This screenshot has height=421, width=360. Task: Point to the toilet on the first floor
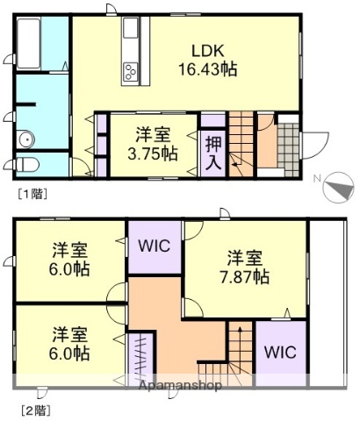point(28,165)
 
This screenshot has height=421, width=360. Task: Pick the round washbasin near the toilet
point(25,138)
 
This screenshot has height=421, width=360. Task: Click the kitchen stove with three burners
point(133,70)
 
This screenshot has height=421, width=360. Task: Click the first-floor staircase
point(241,142)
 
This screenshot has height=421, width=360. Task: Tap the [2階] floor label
point(32,408)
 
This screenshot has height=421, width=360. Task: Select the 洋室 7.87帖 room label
point(245,267)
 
